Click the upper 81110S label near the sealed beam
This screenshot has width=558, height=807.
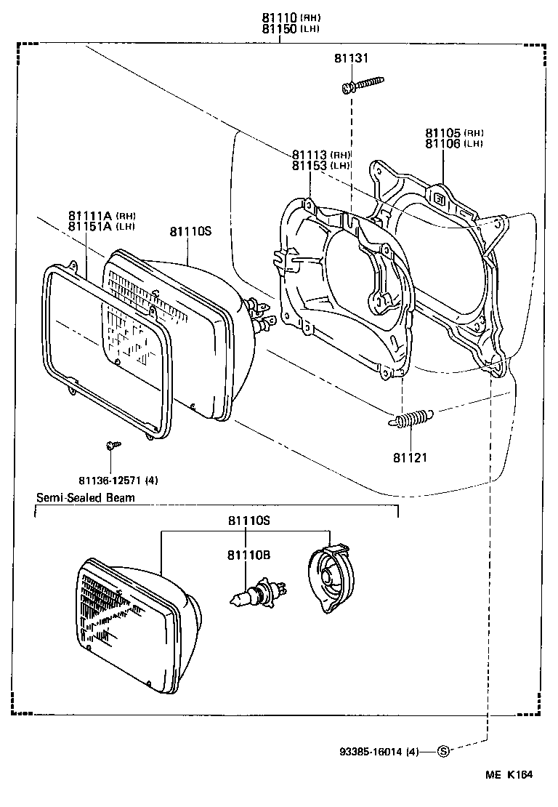pyautogui.click(x=190, y=231)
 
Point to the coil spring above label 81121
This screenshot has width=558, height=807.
pyautogui.click(x=411, y=419)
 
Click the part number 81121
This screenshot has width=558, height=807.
pyautogui.click(x=411, y=458)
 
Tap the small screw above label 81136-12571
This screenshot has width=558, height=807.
pyautogui.click(x=112, y=444)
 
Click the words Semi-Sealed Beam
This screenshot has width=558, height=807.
pyautogui.click(x=86, y=498)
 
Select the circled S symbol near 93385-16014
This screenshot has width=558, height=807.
pyautogui.click(x=443, y=751)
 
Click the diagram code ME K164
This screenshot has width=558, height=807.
pyautogui.click(x=508, y=776)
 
